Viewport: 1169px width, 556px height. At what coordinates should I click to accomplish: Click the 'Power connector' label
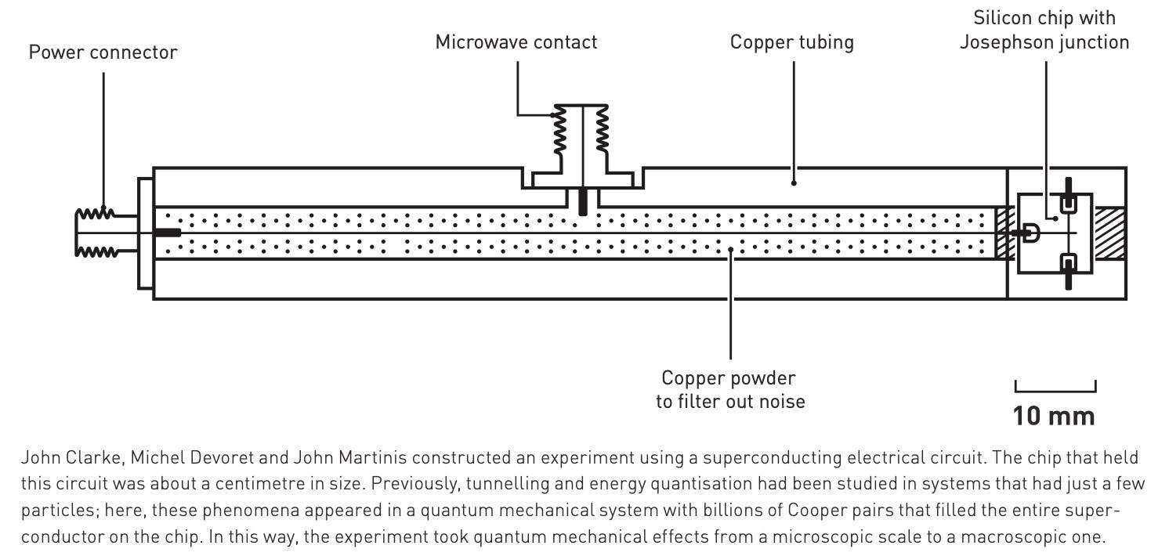click(x=103, y=52)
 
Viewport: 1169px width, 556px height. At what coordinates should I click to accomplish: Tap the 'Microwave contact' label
click(x=516, y=42)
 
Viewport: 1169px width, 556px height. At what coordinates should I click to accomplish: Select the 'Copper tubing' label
click(x=791, y=42)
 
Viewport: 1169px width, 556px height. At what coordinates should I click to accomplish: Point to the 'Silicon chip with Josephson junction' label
click(x=1044, y=30)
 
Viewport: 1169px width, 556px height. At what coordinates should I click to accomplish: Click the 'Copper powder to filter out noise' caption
click(x=729, y=390)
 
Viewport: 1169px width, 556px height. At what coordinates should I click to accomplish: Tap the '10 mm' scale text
click(x=1053, y=415)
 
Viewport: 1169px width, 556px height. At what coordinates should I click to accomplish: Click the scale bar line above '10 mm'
click(x=1055, y=390)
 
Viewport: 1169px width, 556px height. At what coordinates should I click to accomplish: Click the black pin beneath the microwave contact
click(x=581, y=200)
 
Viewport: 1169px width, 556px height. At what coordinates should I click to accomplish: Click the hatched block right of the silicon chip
click(x=1109, y=233)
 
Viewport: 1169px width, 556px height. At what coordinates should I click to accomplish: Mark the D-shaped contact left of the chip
click(x=1030, y=233)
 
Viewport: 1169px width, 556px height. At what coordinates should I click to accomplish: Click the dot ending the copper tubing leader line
click(x=794, y=183)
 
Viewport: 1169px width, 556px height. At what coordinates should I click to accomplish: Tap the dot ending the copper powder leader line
click(x=730, y=250)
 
